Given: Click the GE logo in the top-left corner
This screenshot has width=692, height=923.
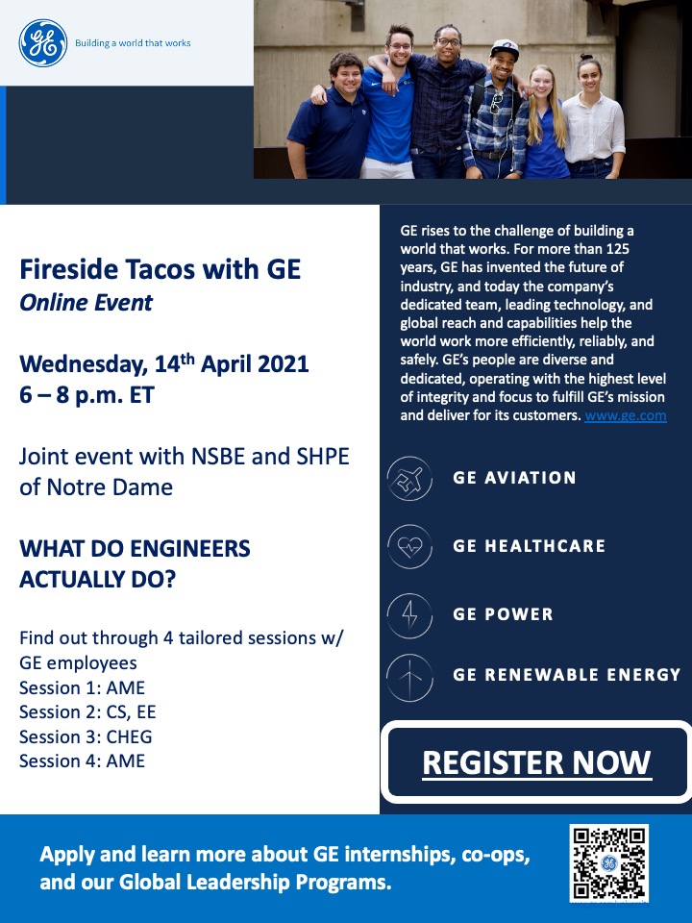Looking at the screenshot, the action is click(43, 43).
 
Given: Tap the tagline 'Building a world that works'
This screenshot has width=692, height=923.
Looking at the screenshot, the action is click(133, 43).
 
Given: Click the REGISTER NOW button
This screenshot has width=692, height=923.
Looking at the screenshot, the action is click(536, 761).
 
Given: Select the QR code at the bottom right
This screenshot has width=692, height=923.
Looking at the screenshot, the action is click(609, 863).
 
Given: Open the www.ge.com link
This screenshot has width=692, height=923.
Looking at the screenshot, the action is click(626, 415).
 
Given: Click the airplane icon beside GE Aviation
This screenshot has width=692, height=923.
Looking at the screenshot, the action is click(409, 479).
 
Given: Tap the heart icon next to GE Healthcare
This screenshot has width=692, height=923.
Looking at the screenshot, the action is click(409, 546).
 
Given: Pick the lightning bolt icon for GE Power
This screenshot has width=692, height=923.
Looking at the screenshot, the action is click(409, 615).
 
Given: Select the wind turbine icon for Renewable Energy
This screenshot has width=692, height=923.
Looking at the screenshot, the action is click(409, 678).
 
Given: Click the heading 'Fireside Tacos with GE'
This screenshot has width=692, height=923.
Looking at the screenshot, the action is click(161, 269).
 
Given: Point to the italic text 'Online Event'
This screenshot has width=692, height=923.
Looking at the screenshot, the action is click(86, 303).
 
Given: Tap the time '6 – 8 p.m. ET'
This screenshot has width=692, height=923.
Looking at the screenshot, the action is click(86, 394).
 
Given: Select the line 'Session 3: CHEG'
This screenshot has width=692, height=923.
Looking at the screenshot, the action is click(86, 736).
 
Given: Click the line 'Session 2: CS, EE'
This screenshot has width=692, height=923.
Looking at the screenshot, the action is click(87, 712).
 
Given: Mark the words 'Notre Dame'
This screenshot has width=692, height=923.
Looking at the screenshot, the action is click(110, 487).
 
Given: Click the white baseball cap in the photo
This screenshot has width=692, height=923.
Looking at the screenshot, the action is click(505, 48).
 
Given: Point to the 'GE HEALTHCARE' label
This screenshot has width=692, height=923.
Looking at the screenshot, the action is click(529, 546).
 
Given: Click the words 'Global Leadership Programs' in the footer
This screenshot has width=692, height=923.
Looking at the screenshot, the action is click(254, 882).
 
